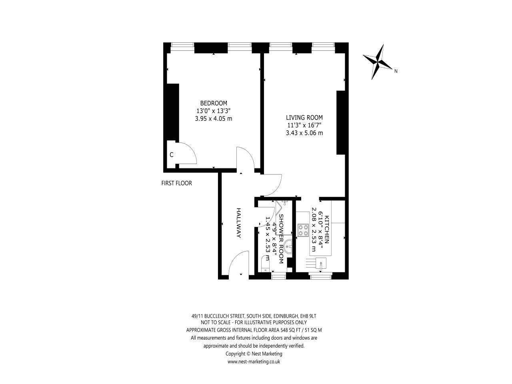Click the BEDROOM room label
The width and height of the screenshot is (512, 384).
tap(214, 103)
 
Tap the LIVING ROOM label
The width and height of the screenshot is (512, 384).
tap(304, 118)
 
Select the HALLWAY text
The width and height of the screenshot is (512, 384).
tap(238, 223)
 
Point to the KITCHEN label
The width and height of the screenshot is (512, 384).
tap(327, 230)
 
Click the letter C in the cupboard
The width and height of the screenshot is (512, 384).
tap(172, 155)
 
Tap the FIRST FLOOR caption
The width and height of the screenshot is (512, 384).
tap(176, 183)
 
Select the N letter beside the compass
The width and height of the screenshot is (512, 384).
tap(396, 71)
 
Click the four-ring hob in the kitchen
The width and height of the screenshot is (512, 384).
tap(303, 230)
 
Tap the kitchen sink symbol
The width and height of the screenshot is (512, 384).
tap(320, 263)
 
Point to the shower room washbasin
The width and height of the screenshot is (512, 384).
tap(288, 246)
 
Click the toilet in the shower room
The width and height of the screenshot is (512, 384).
tap(266, 264)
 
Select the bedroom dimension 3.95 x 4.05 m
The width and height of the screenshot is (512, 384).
tap(214, 119)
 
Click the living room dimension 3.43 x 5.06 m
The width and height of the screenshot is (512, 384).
tap(304, 133)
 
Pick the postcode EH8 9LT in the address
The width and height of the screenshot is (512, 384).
tap(308, 316)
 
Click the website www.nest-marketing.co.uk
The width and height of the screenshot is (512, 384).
tap(254, 362)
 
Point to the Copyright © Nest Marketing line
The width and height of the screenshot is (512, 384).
tap(254, 354)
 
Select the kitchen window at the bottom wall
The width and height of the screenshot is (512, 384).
tap(320, 277)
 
